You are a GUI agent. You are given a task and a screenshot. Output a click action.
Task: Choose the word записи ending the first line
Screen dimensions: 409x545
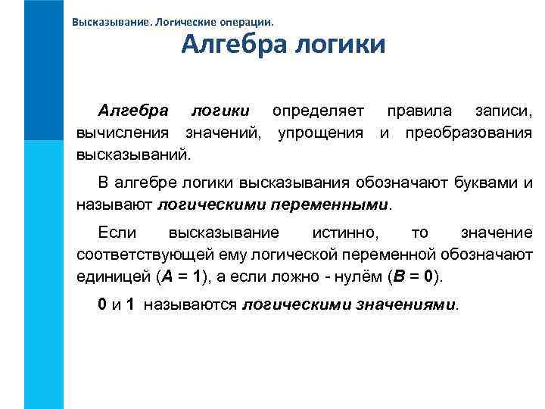[x=503, y=113]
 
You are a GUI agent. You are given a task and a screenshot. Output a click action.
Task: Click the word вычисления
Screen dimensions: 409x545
[x=126, y=135]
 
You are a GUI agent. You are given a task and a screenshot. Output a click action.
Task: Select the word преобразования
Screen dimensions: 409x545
[x=469, y=135]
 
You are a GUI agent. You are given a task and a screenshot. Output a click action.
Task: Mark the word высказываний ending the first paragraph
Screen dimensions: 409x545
[x=134, y=156]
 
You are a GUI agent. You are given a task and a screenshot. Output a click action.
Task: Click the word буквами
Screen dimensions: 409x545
[x=487, y=183]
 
